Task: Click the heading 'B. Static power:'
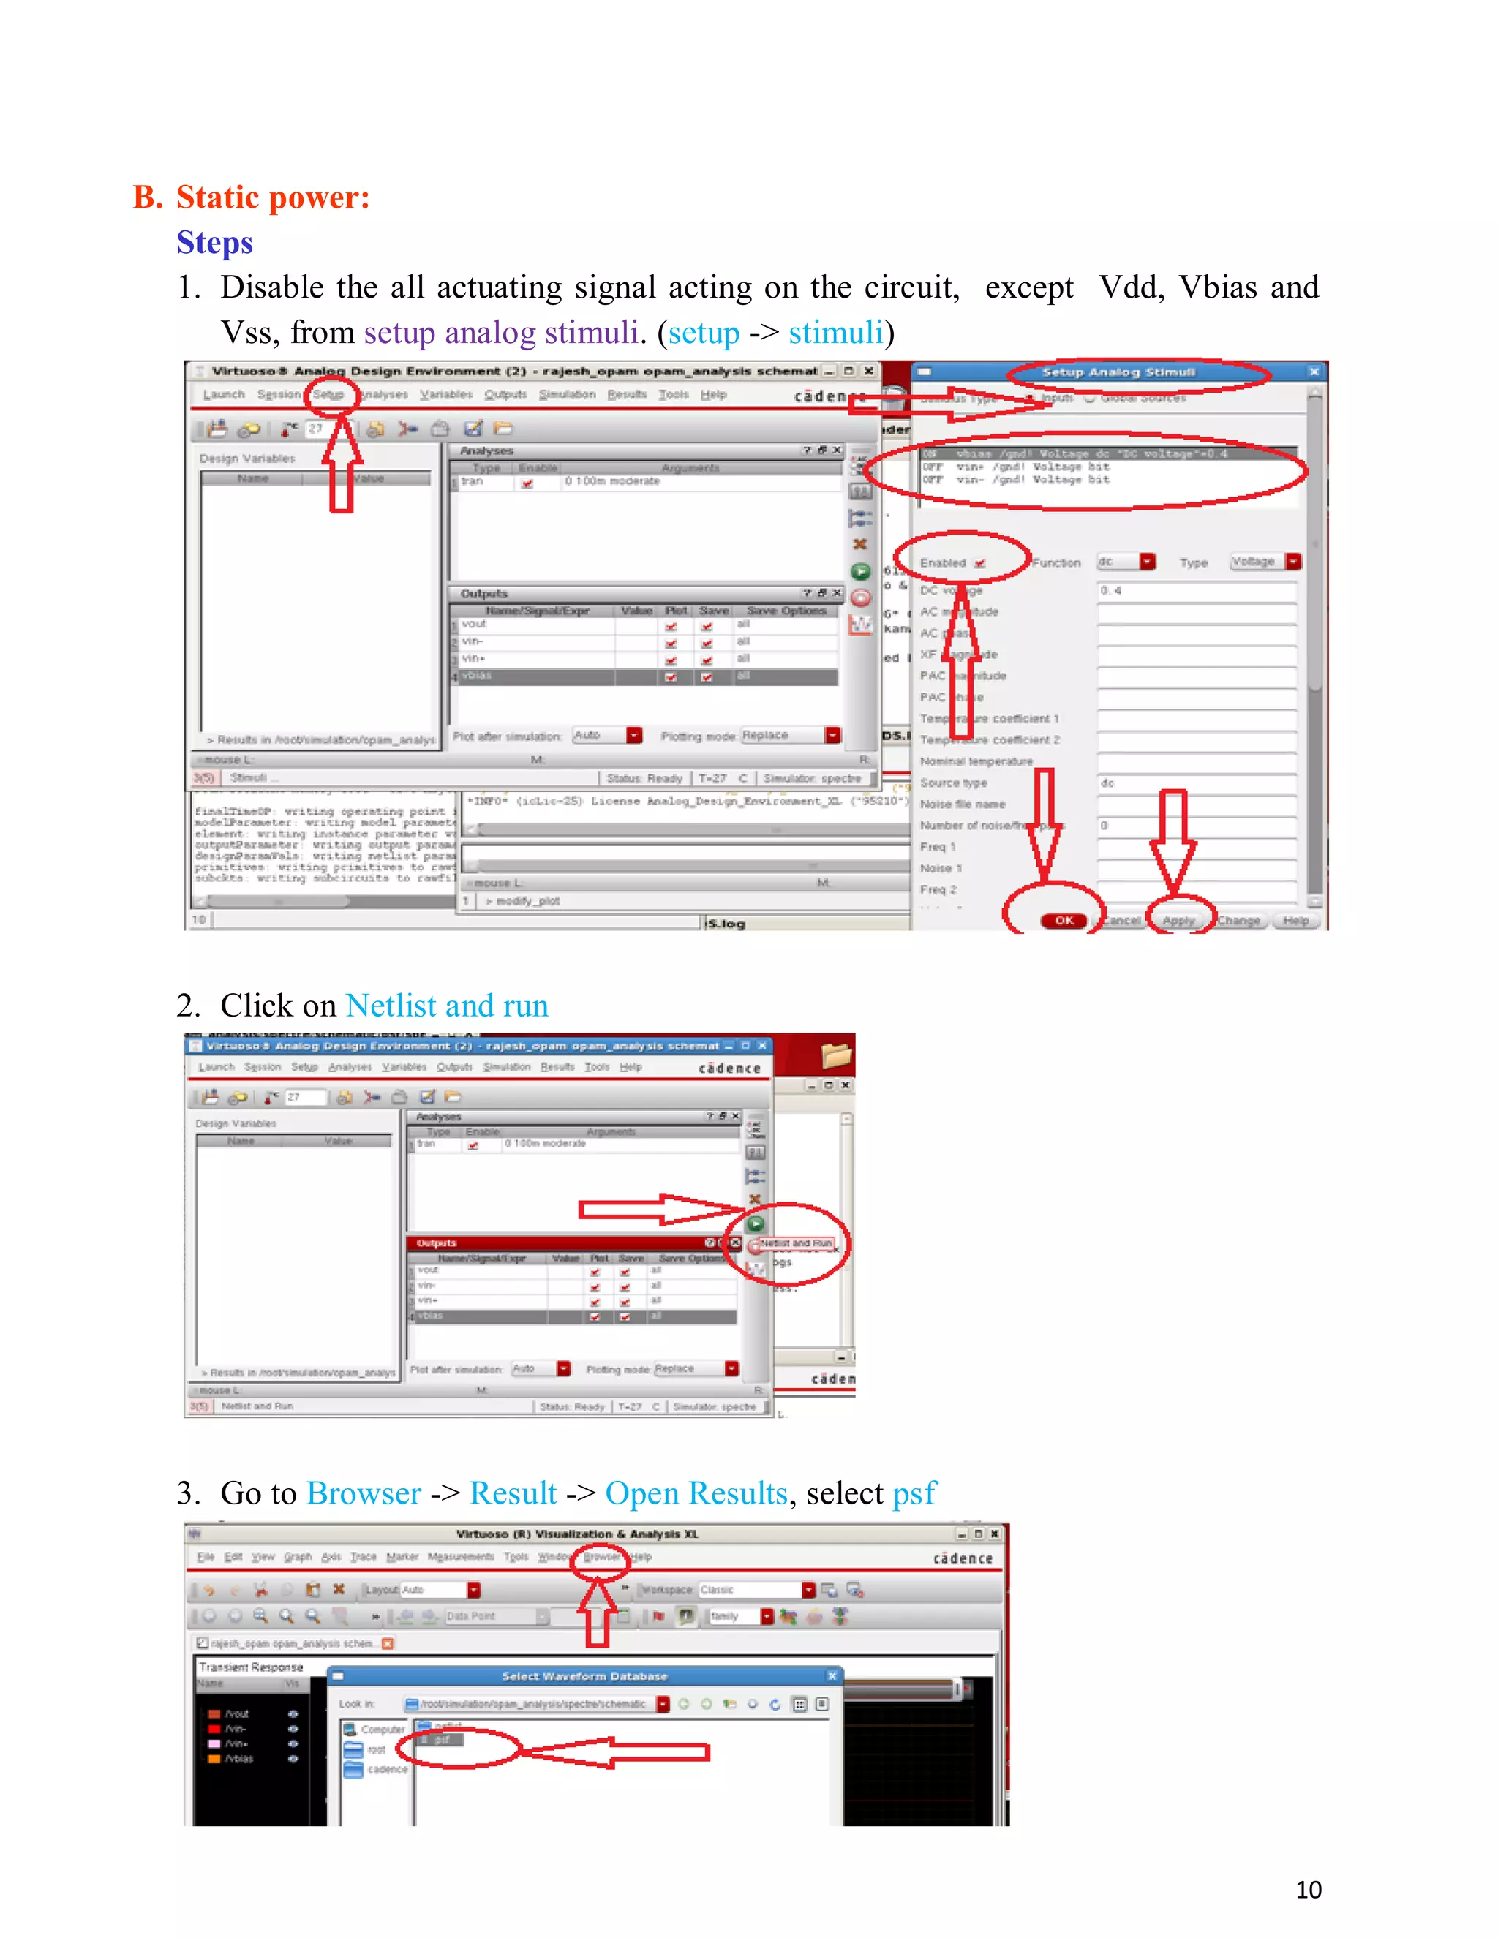click(x=251, y=197)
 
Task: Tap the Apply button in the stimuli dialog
click(x=1178, y=920)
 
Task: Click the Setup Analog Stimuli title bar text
click(x=1118, y=372)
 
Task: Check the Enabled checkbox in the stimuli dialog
click(x=979, y=563)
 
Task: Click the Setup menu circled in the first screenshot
click(x=328, y=395)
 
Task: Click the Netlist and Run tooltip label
click(x=795, y=1243)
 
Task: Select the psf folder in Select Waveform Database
click(x=442, y=1740)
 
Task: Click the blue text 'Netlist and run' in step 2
click(x=446, y=1006)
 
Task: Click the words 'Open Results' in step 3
click(x=696, y=1493)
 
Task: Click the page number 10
click(x=1308, y=1889)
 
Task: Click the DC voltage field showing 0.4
click(x=1195, y=590)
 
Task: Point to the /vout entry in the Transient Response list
click(x=237, y=1713)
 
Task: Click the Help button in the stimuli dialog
click(x=1295, y=920)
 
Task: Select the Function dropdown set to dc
click(x=1125, y=562)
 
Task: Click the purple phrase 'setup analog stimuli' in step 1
click(x=500, y=333)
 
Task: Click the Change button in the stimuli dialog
click(x=1238, y=920)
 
